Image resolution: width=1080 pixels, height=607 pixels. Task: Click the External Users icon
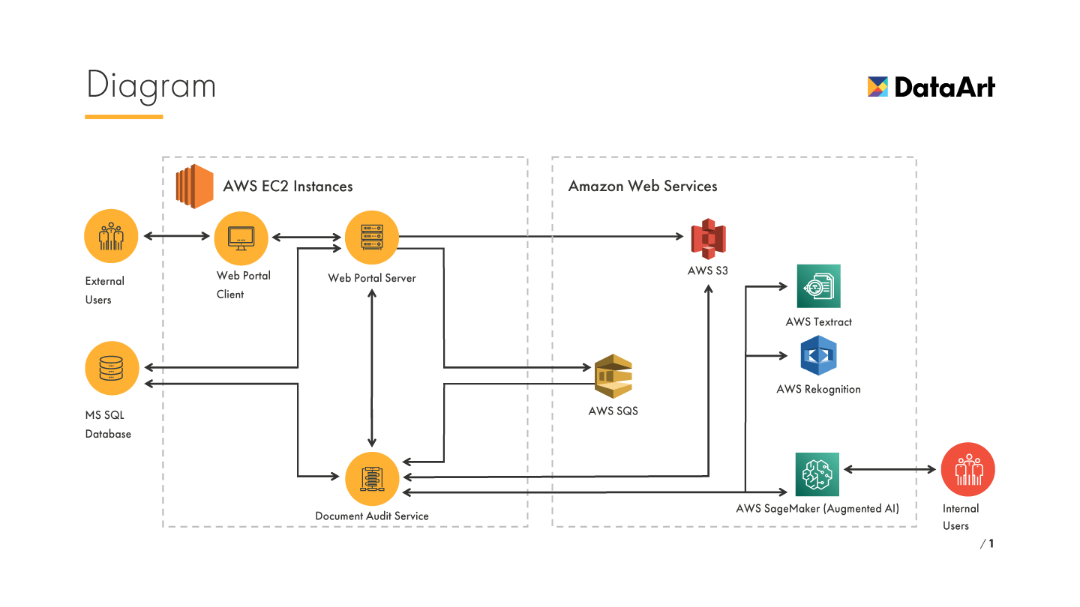click(x=111, y=236)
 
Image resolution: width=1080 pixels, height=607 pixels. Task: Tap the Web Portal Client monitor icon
click(x=241, y=237)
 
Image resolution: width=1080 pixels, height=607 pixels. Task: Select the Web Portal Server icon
click(x=371, y=238)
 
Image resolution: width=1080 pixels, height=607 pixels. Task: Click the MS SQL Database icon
click(x=112, y=368)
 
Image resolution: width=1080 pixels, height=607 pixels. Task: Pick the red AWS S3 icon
click(x=709, y=239)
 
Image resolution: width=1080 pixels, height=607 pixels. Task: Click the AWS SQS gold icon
click(x=613, y=376)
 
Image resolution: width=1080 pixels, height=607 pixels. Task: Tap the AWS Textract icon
click(x=818, y=286)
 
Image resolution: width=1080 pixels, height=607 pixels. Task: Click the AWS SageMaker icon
click(x=817, y=474)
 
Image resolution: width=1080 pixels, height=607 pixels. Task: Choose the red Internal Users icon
click(x=967, y=470)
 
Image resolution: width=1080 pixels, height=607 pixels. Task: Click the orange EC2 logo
click(x=194, y=186)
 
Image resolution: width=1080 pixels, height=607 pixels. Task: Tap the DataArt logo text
click(x=944, y=88)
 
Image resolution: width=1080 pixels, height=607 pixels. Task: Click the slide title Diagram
click(x=151, y=85)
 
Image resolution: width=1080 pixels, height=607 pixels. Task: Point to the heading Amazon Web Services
click(x=643, y=186)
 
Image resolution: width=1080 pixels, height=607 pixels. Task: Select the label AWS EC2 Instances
click(x=288, y=186)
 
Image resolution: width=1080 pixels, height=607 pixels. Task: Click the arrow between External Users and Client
click(x=177, y=236)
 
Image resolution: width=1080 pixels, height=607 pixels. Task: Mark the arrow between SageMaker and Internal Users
click(x=891, y=470)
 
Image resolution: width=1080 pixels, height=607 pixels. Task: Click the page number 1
click(x=991, y=543)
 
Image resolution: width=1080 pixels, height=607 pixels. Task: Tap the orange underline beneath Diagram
click(x=124, y=117)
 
